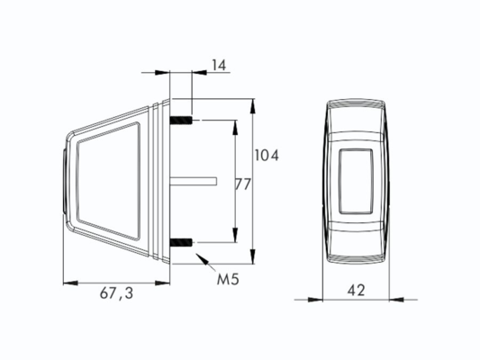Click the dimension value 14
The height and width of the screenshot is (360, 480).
219,66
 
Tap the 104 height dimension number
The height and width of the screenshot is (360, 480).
267,156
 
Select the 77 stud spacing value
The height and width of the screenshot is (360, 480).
243,184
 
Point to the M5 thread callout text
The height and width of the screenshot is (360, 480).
228,279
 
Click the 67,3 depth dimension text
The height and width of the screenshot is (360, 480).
117,293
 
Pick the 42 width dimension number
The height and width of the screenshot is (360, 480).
356,290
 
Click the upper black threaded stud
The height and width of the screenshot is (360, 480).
181,121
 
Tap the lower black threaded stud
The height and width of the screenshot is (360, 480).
181,242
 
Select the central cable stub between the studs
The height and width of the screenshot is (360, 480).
194,181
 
